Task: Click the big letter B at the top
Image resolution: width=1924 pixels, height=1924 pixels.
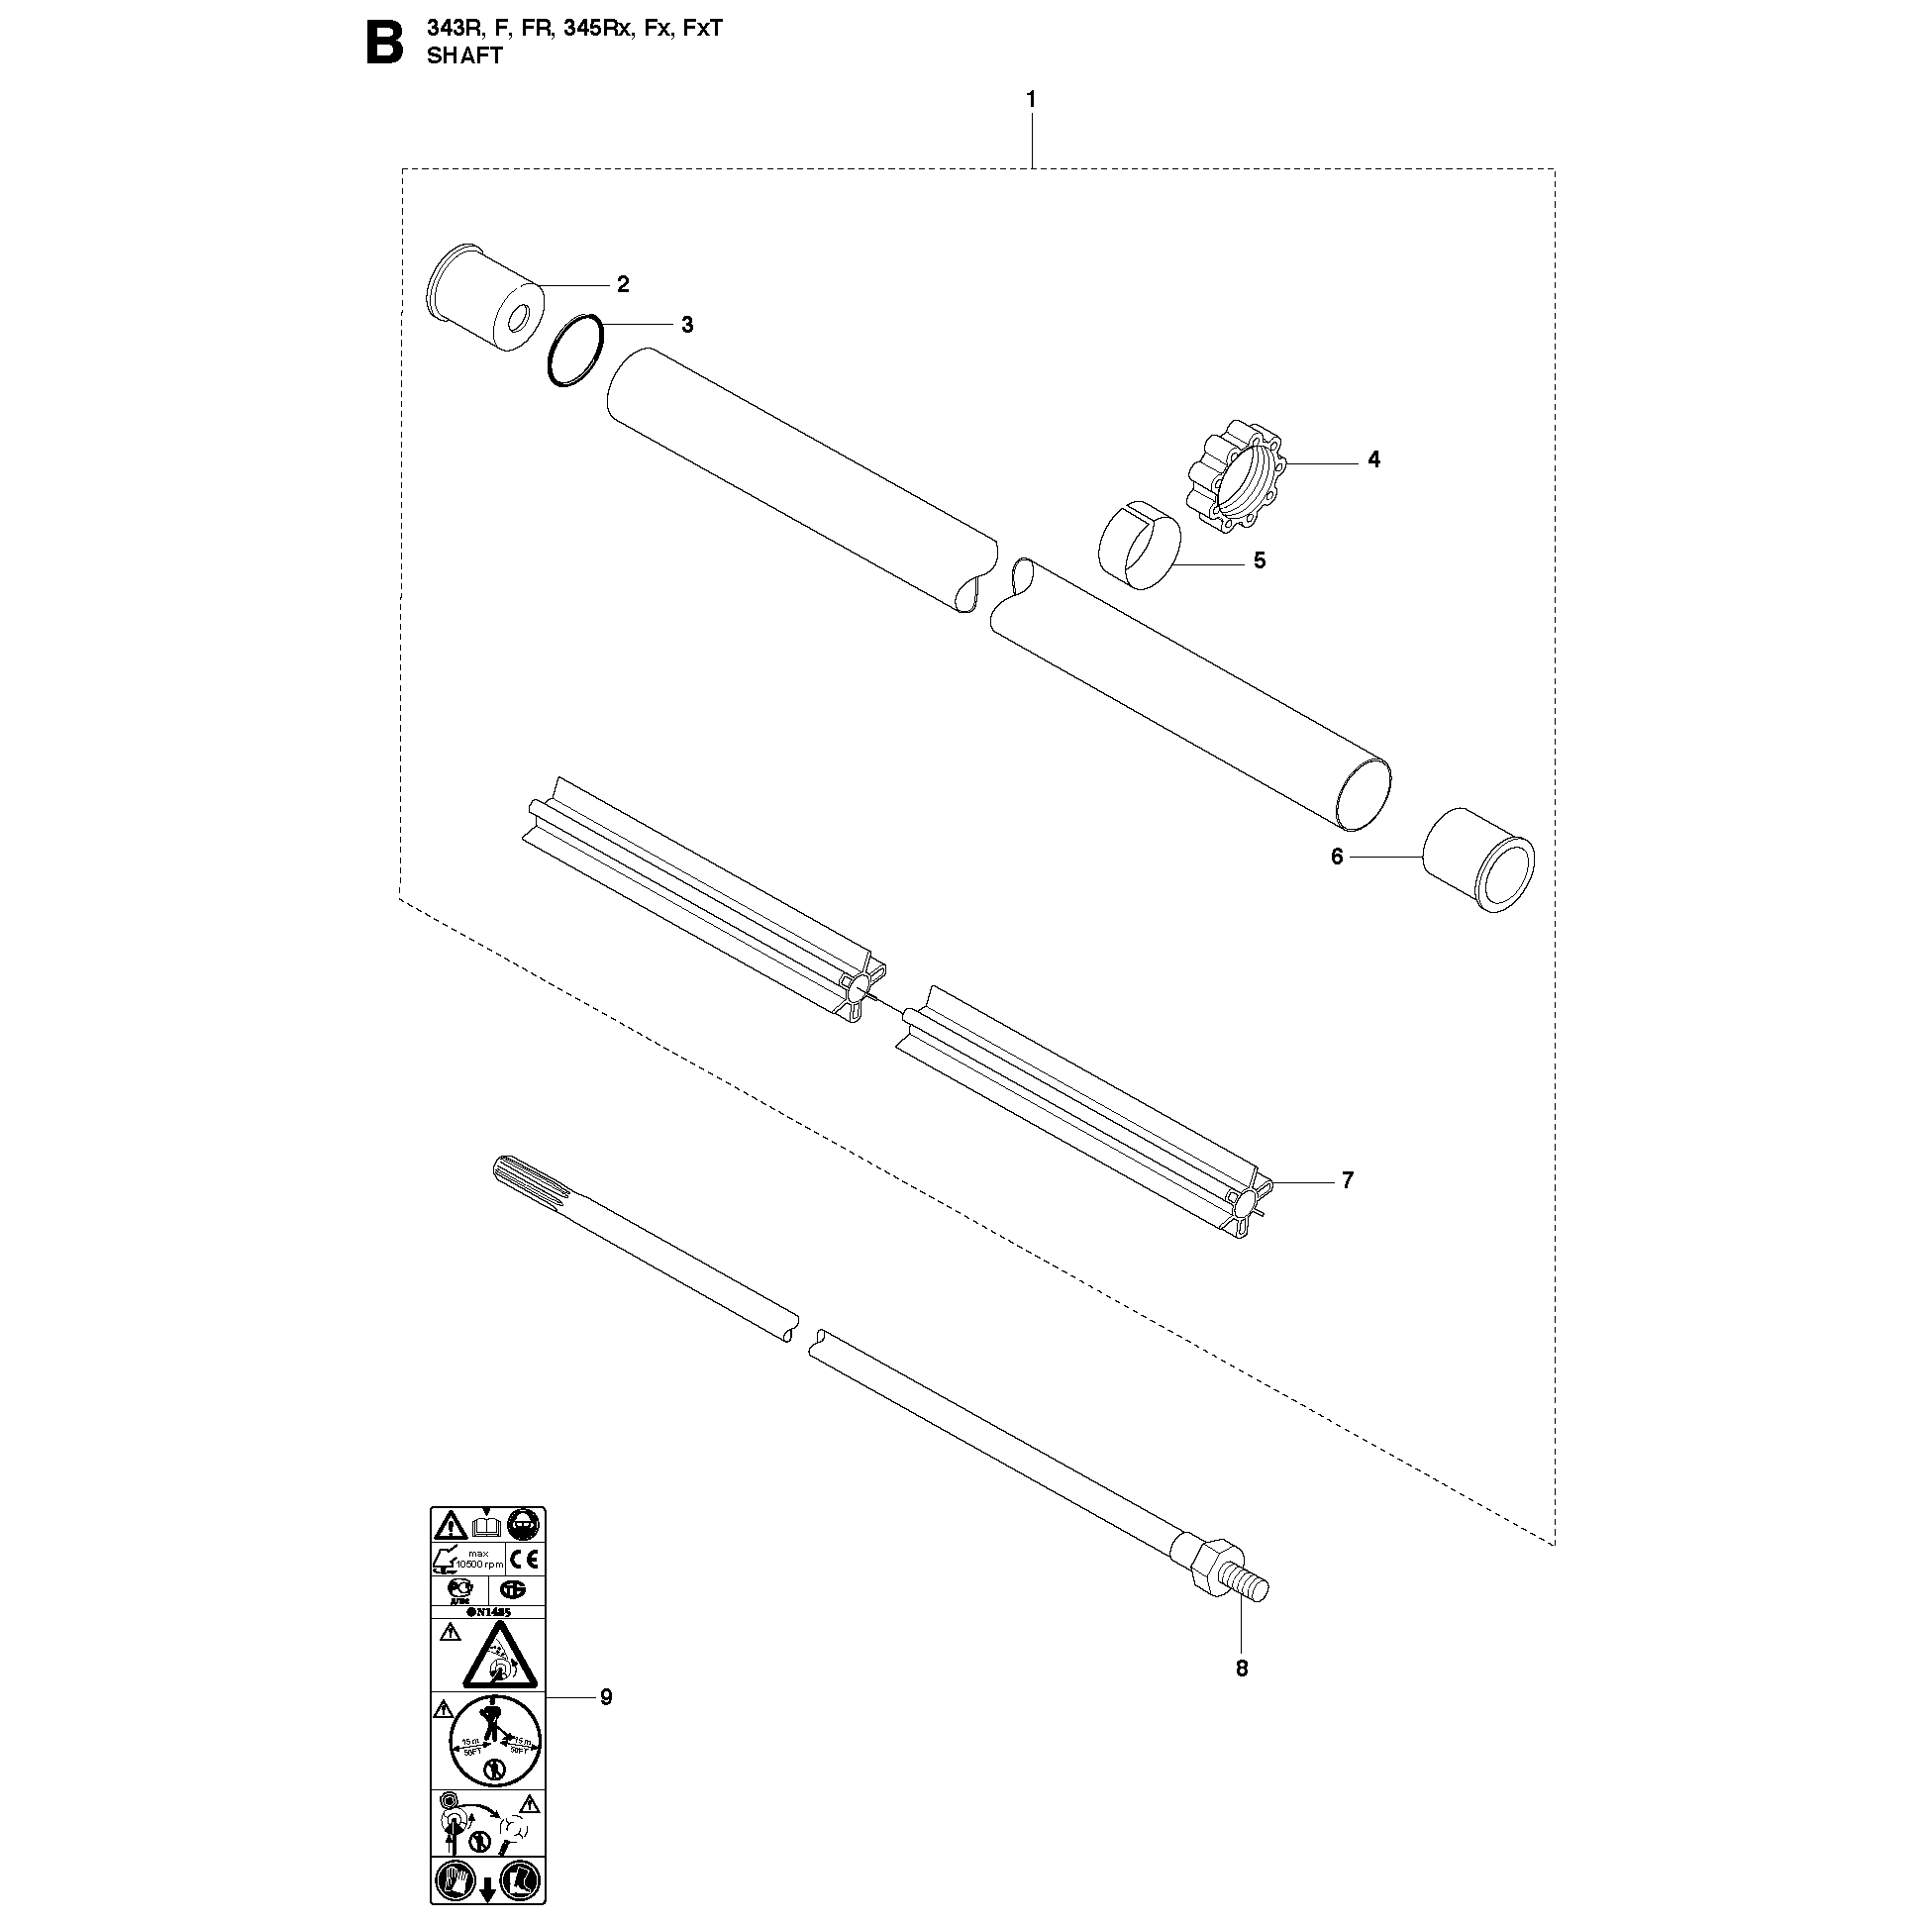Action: pyautogui.click(x=385, y=45)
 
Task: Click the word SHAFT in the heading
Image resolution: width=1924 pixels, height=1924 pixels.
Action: pyautogui.click(x=464, y=55)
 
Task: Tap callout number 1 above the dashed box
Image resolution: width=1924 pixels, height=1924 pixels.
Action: pyautogui.click(x=1031, y=100)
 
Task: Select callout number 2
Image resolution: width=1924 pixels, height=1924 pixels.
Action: pyautogui.click(x=623, y=285)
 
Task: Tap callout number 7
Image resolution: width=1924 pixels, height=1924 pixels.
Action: pyautogui.click(x=1348, y=1180)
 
